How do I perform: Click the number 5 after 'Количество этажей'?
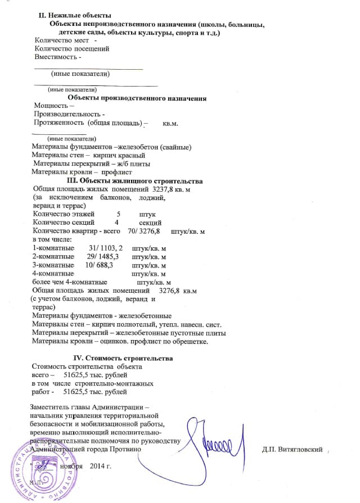tap(118, 214)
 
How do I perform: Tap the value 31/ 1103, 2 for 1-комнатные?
tap(106, 248)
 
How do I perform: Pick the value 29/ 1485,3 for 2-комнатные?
tap(101, 256)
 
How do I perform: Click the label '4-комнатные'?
tap(54, 273)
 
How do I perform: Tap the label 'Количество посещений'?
tap(72, 48)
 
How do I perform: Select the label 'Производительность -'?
tap(69, 114)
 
